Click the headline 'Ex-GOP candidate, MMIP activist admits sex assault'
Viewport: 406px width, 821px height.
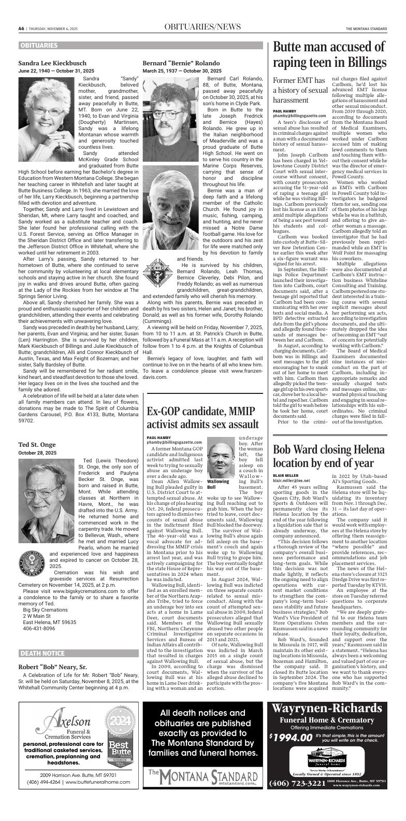(202, 418)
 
